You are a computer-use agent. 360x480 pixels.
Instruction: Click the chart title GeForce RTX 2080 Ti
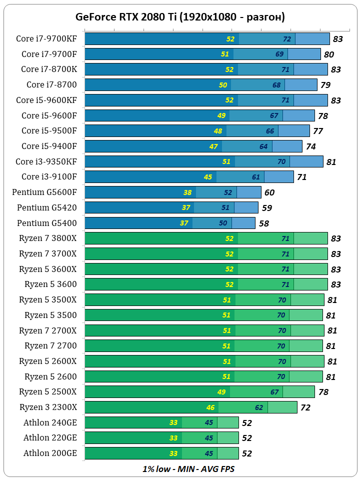tap(180, 17)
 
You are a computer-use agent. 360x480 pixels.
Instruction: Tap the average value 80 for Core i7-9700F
tap(328, 54)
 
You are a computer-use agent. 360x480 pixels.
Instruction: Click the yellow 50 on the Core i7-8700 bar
tap(223, 85)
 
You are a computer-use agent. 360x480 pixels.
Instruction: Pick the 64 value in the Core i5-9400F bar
tap(263, 146)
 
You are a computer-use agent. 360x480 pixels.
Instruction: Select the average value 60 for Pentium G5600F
tap(269, 192)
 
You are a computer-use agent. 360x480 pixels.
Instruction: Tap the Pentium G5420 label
tap(47, 207)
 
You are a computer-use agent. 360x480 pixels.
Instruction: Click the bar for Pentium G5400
tap(170, 223)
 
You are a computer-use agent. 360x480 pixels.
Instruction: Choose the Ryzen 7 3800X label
tap(48, 238)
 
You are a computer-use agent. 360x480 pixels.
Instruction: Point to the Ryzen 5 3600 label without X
tap(50, 284)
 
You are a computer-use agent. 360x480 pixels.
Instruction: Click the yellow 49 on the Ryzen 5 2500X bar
tap(222, 392)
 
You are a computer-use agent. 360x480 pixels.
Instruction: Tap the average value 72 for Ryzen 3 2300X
tap(305, 408)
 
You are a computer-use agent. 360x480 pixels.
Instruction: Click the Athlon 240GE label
tap(50, 422)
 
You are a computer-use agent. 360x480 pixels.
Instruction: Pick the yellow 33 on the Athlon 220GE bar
tap(173, 438)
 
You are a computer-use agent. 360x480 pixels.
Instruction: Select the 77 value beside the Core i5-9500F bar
tap(318, 131)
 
